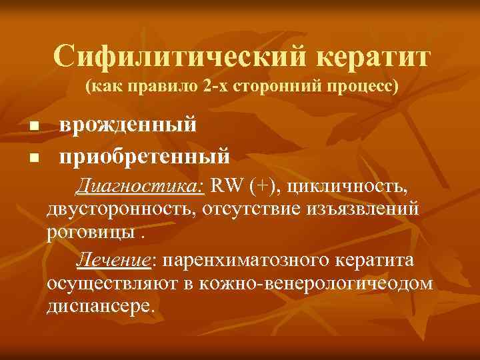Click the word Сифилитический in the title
click(x=181, y=57)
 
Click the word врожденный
click(x=127, y=125)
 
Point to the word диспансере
click(x=99, y=307)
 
